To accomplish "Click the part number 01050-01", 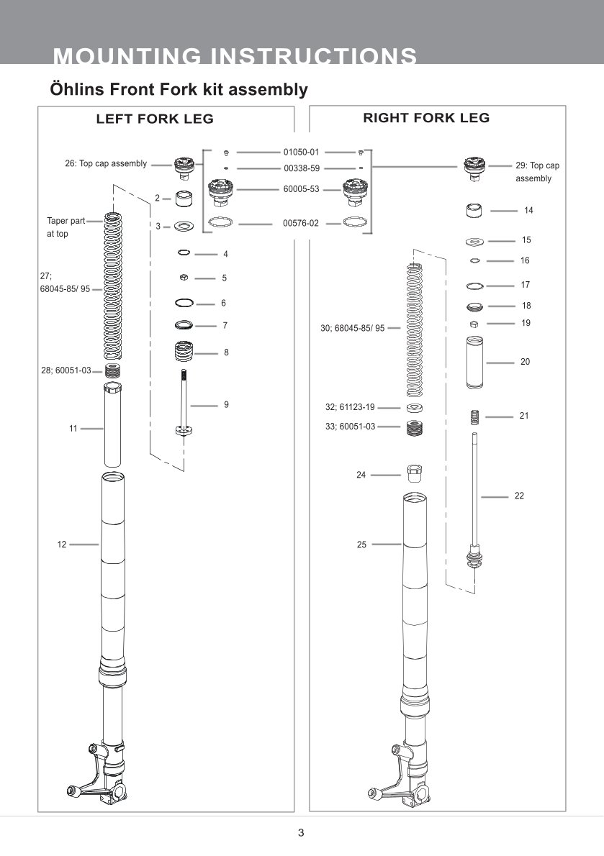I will (x=300, y=152).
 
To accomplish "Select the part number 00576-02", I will (x=300, y=223).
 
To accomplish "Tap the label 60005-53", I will (x=300, y=189).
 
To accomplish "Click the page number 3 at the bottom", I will (x=301, y=833).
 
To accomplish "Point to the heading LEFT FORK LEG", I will (x=155, y=119).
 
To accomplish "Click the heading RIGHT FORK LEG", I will (x=426, y=118).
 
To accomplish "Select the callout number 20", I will (x=525, y=362).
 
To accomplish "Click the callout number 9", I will (x=226, y=405).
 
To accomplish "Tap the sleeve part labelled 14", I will (x=474, y=211).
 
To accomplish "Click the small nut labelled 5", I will (x=184, y=278).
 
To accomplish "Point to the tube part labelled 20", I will (x=474, y=363).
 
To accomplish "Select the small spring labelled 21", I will (x=474, y=416).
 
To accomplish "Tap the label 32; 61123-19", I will (x=350, y=407).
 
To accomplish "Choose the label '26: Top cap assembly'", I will (x=106, y=163).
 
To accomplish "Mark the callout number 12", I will (x=62, y=545).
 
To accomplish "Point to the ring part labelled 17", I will (x=474, y=286).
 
